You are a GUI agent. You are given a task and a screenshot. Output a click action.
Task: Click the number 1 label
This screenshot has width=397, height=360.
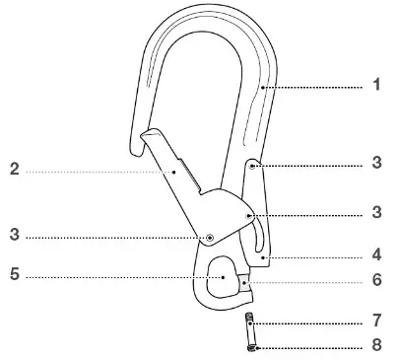pos(376,86)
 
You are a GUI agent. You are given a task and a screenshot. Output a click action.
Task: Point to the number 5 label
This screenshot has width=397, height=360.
pos(15,277)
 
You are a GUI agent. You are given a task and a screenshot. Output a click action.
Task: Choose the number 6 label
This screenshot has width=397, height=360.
pos(376,279)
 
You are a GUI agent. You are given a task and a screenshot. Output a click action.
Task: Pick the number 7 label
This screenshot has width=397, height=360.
pos(376,322)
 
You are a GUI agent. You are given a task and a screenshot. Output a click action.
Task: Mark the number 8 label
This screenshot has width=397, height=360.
pos(376,346)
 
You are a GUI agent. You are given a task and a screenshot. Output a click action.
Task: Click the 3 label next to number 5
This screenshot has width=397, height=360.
pos(15,237)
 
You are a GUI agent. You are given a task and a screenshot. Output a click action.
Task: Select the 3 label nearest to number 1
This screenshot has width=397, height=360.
pos(376,164)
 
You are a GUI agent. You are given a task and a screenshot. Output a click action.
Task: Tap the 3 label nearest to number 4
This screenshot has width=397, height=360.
pos(376,211)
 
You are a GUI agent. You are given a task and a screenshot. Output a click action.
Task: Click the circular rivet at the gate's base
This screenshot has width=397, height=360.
pos(209,237)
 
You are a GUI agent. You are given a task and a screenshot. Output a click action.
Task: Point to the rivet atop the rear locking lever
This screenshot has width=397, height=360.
pos(252,167)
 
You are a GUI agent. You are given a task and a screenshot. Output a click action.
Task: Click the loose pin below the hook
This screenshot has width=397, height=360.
pos(251,332)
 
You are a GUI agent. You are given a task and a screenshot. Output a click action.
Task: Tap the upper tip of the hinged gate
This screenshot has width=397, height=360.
pos(146,132)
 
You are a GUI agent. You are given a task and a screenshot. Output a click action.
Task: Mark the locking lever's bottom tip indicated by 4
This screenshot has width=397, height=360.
pos(265,258)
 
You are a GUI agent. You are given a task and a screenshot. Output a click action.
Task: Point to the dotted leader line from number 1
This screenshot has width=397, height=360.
pos(315,87)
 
